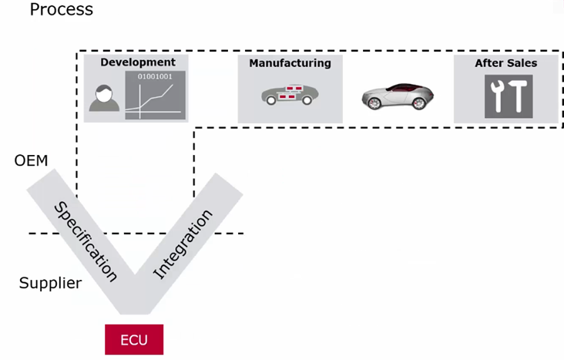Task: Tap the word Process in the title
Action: click(x=62, y=10)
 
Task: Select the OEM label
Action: click(x=31, y=161)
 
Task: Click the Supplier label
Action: click(x=50, y=283)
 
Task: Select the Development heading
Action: click(x=138, y=62)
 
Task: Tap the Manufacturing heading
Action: click(x=290, y=63)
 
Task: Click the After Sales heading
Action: click(x=505, y=63)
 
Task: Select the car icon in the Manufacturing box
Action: click(x=290, y=96)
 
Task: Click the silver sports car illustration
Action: click(x=398, y=96)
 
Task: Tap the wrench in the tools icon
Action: click(x=496, y=97)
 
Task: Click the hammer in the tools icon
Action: click(x=517, y=97)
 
